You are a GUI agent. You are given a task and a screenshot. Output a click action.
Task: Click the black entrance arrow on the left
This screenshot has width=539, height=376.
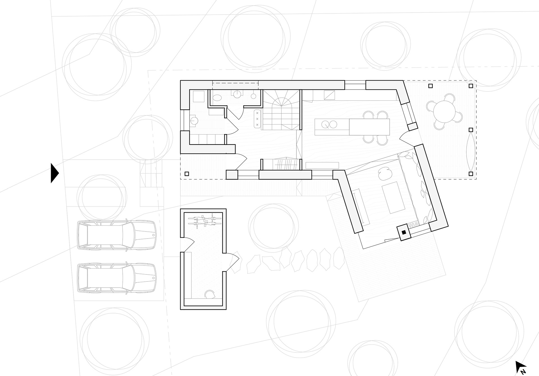click(54, 173)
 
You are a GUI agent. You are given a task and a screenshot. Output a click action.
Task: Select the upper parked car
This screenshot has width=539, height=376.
click(116, 235)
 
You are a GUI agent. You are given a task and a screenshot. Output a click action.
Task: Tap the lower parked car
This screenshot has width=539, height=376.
click(116, 278)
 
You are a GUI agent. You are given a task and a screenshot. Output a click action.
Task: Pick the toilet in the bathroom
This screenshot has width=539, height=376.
click(217, 97)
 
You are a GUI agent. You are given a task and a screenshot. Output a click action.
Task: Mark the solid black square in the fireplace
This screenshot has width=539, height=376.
click(404, 232)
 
